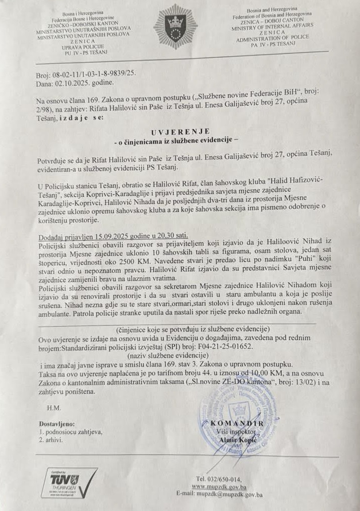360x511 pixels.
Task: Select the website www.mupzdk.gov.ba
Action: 220,486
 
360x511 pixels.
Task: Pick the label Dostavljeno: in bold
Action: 56,424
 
